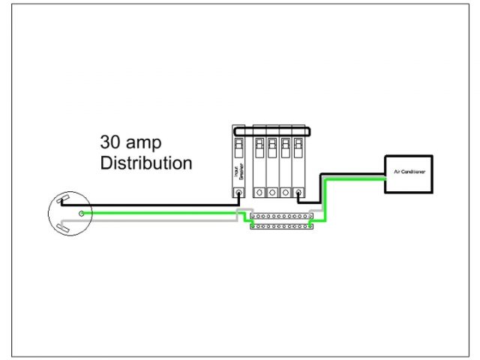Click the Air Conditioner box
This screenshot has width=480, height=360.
coord(408,174)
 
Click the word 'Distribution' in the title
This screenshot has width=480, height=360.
coord(146,162)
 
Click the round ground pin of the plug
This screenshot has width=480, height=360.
coord(82,213)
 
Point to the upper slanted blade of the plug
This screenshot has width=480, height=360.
coord(63,201)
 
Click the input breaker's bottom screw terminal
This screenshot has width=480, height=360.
coord(238,193)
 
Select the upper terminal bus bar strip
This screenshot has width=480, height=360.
coord(280,216)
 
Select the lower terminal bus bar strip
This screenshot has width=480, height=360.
coord(280,225)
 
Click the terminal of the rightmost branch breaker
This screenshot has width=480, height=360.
coord(298,193)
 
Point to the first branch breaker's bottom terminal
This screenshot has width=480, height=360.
coord(259,193)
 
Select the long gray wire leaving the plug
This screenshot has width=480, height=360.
coord(150,221)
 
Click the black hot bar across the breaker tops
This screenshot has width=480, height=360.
coord(271,131)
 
